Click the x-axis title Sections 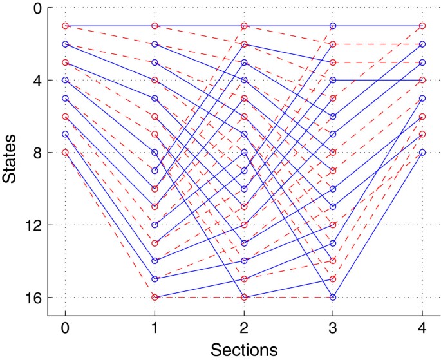[243, 349]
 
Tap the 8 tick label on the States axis [37, 153]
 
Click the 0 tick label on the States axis [37, 8]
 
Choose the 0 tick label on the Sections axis [65, 327]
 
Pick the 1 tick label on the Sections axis [155, 327]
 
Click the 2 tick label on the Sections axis [243, 327]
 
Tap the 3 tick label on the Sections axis [333, 327]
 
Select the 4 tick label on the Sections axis [422, 327]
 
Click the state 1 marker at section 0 [65, 26]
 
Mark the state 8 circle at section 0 [65, 153]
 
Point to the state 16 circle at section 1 [155, 298]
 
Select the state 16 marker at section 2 [243, 298]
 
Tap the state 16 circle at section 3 [333, 298]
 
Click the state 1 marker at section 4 [422, 26]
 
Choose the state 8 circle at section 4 [422, 153]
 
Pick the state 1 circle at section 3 [333, 26]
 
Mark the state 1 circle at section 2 [243, 26]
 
